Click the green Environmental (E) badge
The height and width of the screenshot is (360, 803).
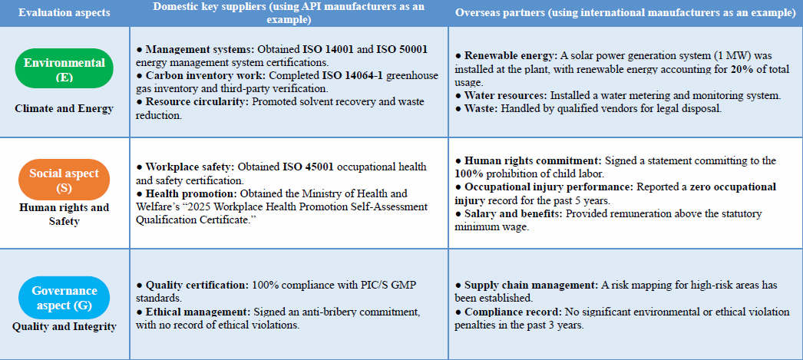pyautogui.click(x=64, y=68)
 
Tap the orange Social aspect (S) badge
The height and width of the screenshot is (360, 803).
pyautogui.click(x=64, y=180)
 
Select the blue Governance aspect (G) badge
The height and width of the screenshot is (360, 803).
pyautogui.click(x=64, y=298)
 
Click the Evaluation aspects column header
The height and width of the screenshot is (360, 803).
pyautogui.click(x=64, y=13)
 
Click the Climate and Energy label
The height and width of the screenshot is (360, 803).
pyautogui.click(x=64, y=108)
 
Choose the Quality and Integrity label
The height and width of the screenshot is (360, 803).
pyautogui.click(x=64, y=326)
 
